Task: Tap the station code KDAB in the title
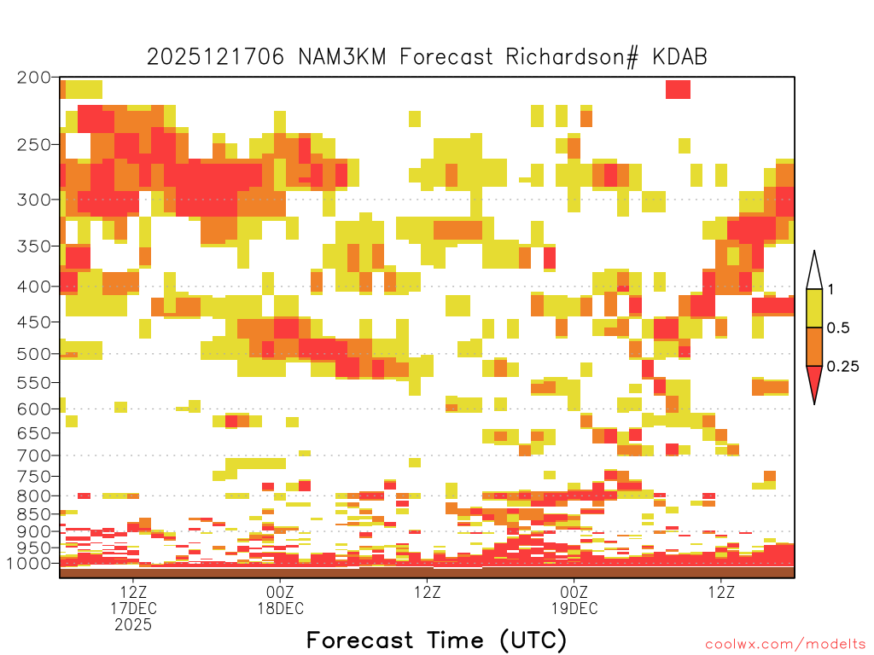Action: coord(680,57)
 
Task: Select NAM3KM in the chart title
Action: coord(342,57)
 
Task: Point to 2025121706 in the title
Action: coord(216,57)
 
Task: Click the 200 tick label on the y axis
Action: coord(34,78)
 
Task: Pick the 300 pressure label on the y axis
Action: coord(34,200)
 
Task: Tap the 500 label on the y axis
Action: coord(34,354)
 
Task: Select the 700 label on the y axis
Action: coord(34,455)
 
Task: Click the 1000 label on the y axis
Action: coord(29,563)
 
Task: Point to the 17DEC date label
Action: coord(133,608)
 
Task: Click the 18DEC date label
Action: coord(280,608)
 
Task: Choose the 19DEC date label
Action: coord(574,608)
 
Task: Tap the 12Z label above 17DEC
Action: coord(133,592)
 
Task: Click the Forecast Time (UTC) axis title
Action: coord(436,640)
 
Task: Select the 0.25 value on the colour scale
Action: coord(842,366)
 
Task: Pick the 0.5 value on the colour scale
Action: coord(838,327)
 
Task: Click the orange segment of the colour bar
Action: coord(814,346)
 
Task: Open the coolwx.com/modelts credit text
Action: coord(785,645)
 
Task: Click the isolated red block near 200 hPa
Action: coord(678,89)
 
